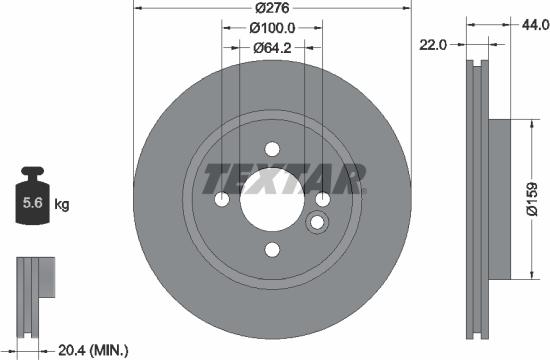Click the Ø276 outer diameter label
click(x=271, y=8)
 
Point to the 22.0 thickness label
click(x=432, y=44)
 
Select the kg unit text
click(x=62, y=205)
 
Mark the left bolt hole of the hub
click(x=221, y=198)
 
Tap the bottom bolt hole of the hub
click(x=271, y=249)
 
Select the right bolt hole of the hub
click(x=322, y=198)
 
